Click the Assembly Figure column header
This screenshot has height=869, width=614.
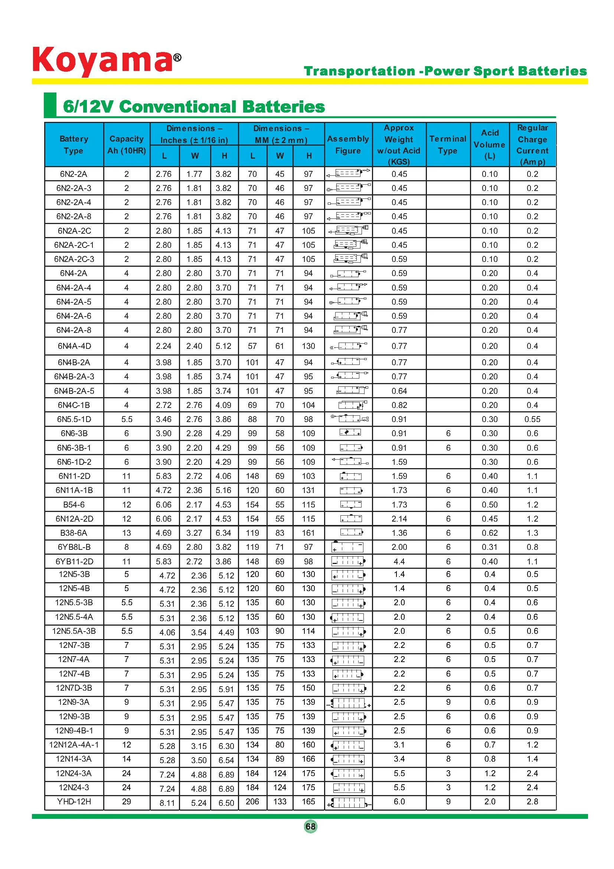[x=348, y=145]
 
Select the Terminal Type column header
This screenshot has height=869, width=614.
[x=448, y=145]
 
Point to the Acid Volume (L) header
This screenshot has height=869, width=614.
[x=490, y=145]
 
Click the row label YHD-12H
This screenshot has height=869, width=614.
[x=74, y=802]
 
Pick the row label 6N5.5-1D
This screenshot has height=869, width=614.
[x=74, y=419]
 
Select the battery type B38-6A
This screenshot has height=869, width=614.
[x=74, y=533]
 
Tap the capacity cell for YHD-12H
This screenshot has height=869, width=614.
[x=126, y=802]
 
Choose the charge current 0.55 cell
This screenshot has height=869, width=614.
[x=532, y=419]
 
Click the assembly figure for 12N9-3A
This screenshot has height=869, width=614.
[x=348, y=704]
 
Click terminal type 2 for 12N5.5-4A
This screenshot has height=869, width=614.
[x=448, y=617]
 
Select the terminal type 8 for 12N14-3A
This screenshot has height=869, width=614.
[x=448, y=759]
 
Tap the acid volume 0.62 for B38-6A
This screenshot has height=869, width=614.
[x=490, y=533]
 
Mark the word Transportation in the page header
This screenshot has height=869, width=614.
[x=359, y=71]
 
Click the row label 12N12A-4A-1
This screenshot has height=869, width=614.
[x=74, y=745]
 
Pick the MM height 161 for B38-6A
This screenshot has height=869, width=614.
[x=308, y=533]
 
